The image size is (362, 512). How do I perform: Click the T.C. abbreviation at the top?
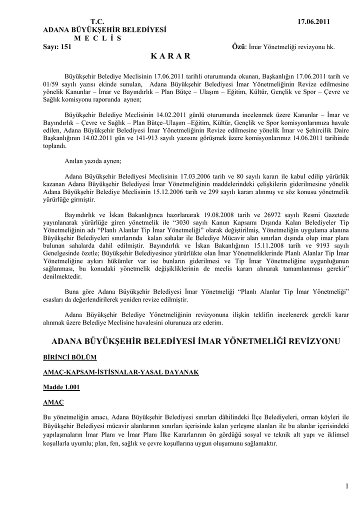pos(97,21)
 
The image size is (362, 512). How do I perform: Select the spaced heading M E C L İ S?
pos(97,38)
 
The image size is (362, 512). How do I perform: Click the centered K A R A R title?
pos(170,56)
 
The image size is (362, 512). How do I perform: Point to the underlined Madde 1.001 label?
pos(61,387)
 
